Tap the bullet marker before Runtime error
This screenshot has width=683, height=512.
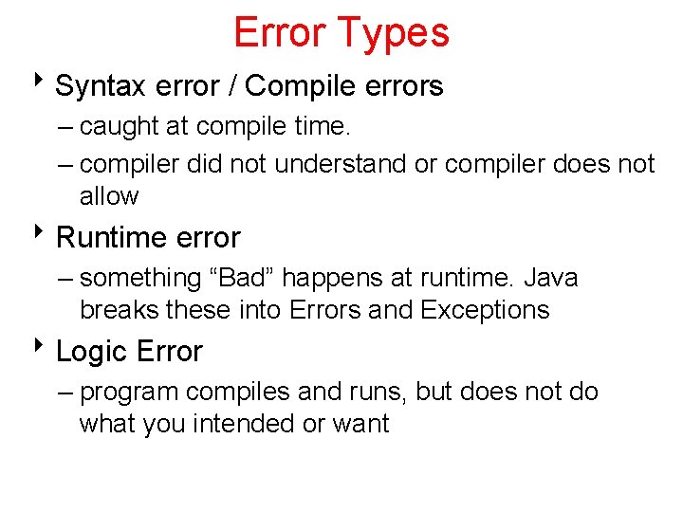44,232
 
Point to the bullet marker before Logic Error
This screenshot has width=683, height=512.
44,346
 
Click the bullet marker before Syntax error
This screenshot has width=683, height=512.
44,82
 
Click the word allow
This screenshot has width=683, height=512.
109,196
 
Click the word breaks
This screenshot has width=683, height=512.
120,310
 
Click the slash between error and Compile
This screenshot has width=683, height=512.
231,87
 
